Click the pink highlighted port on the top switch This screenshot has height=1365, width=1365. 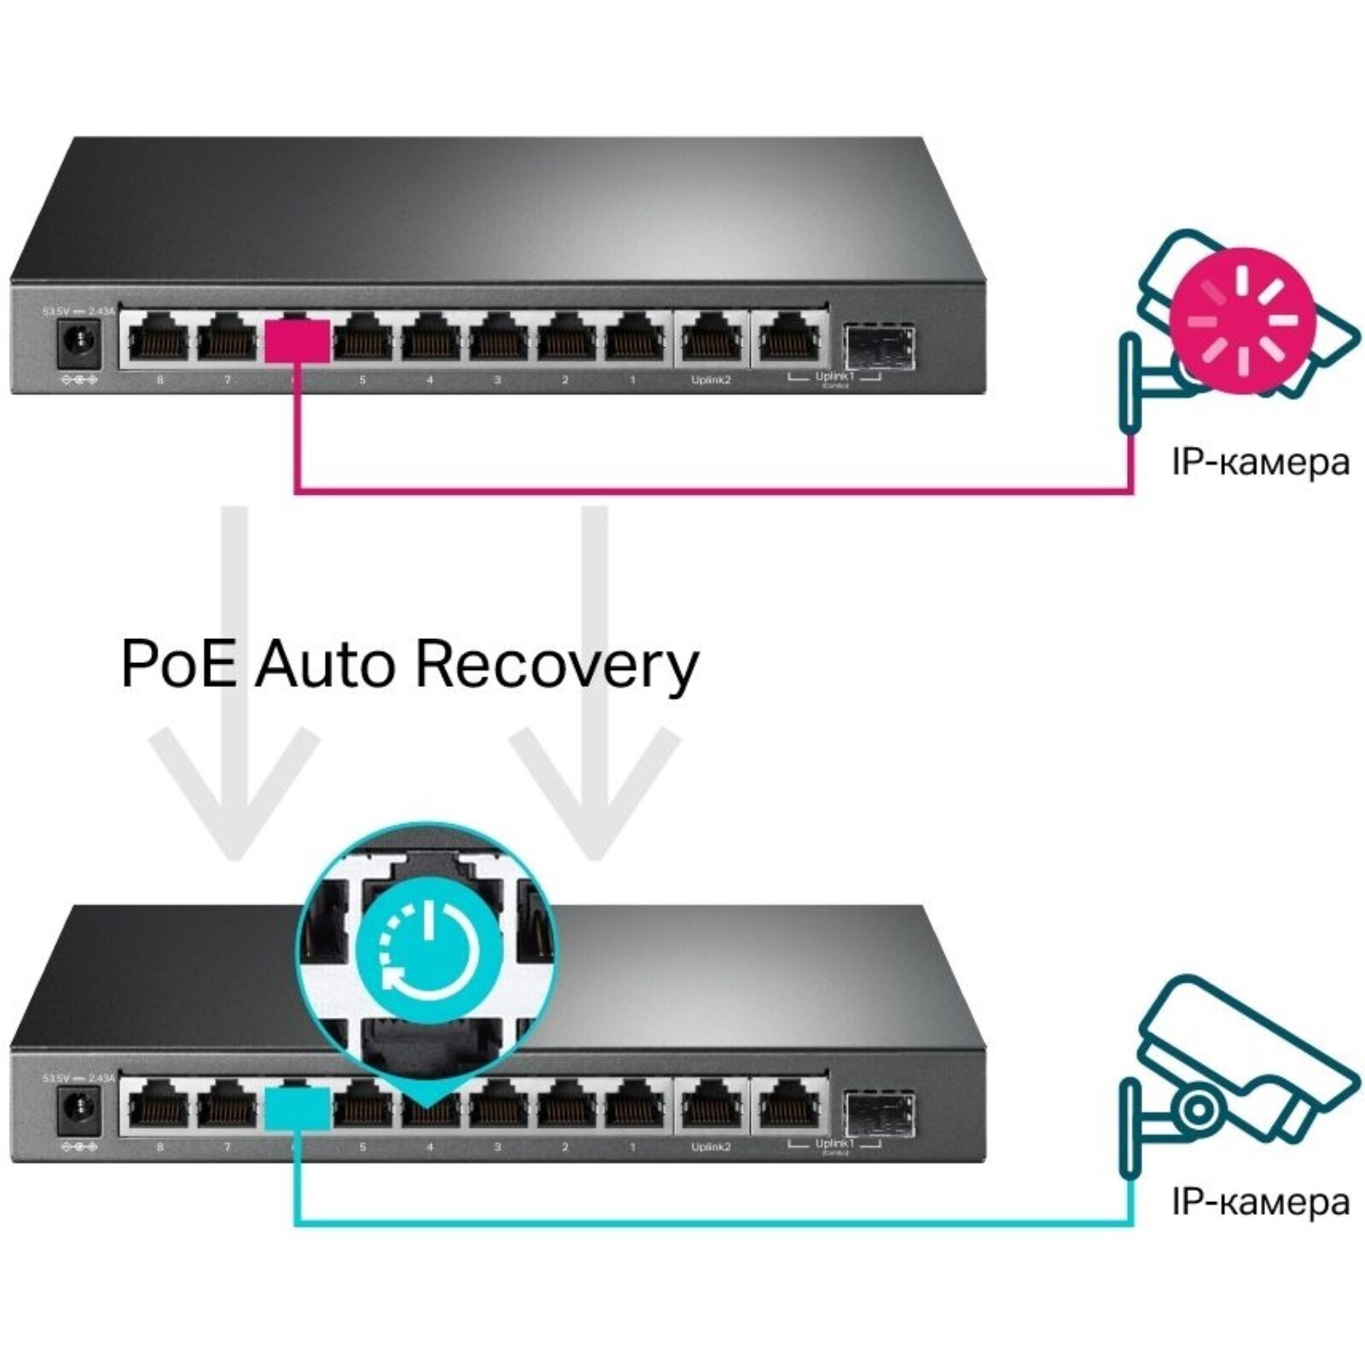297,341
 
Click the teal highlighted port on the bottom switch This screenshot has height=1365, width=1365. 297,1109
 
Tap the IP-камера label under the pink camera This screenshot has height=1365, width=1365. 1260,462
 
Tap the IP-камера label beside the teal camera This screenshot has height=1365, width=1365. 1260,1203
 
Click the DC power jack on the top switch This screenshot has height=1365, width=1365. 79,343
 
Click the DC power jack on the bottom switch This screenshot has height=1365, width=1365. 79,1111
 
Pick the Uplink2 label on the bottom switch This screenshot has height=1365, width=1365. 711,1147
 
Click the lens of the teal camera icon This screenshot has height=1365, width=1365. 1198,1110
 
